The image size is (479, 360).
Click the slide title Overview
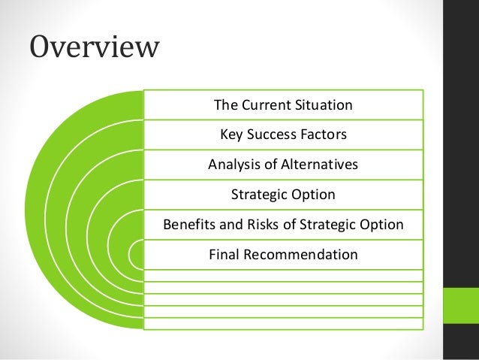tap(95, 47)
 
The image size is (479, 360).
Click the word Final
tap(224, 255)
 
